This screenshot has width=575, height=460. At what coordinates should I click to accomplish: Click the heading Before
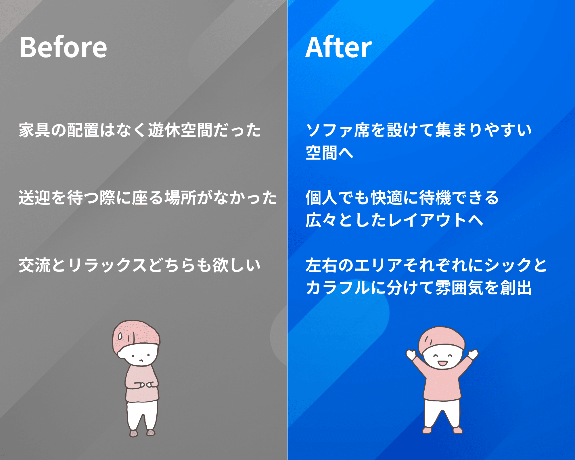63,47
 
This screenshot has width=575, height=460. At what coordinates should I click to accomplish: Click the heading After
338,47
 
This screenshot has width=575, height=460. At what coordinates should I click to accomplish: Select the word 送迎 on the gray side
35,198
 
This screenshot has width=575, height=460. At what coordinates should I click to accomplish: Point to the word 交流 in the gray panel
35,265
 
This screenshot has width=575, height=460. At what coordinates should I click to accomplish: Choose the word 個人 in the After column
321,198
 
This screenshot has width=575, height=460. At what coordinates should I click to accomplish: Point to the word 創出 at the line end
516,287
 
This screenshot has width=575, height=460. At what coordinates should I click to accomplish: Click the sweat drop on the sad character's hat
120,336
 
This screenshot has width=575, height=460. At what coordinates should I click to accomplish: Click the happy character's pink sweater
442,381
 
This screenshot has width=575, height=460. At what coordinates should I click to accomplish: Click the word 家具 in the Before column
35,130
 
